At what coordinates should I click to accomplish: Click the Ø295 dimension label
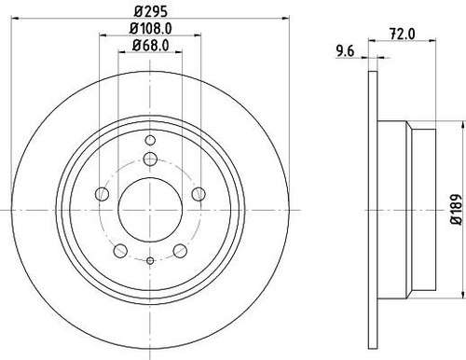point(151,12)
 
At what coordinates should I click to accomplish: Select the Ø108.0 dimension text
point(151,29)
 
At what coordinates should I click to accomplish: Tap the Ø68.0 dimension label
point(151,46)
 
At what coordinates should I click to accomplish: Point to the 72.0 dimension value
point(403,34)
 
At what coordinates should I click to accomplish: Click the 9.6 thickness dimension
point(345,51)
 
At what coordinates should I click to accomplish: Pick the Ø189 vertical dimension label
point(456,210)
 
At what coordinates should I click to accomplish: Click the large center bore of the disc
point(150,210)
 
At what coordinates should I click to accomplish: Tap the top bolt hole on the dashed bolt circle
point(150,159)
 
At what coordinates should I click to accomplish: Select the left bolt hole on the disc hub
point(102,194)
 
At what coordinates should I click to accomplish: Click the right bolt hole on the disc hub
point(199,194)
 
